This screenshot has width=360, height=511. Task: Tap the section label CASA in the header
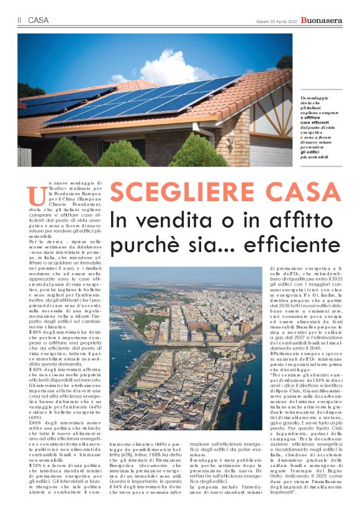38,21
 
